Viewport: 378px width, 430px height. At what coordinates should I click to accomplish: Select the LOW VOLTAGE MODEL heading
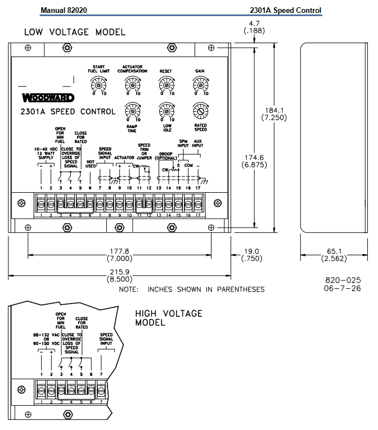pyautogui.click(x=75, y=32)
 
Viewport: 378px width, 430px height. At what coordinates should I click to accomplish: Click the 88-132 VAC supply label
pyautogui.click(x=47, y=339)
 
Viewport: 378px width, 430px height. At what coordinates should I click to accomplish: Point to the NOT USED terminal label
pyautogui.click(x=89, y=161)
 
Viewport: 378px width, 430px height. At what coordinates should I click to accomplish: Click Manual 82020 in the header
pyautogui.click(x=64, y=10)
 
